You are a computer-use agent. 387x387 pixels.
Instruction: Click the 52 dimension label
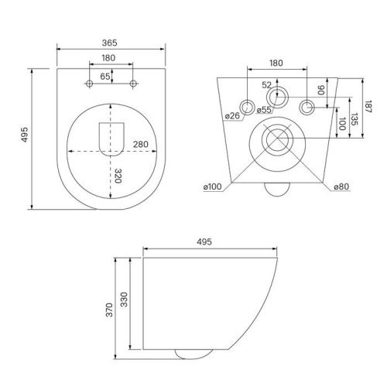(267, 84)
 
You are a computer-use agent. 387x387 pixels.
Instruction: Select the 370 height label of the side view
(110, 310)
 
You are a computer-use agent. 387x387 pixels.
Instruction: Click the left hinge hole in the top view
(91, 82)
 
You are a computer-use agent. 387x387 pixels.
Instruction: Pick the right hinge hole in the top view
(134, 82)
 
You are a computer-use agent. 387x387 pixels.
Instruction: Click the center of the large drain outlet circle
(276, 141)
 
